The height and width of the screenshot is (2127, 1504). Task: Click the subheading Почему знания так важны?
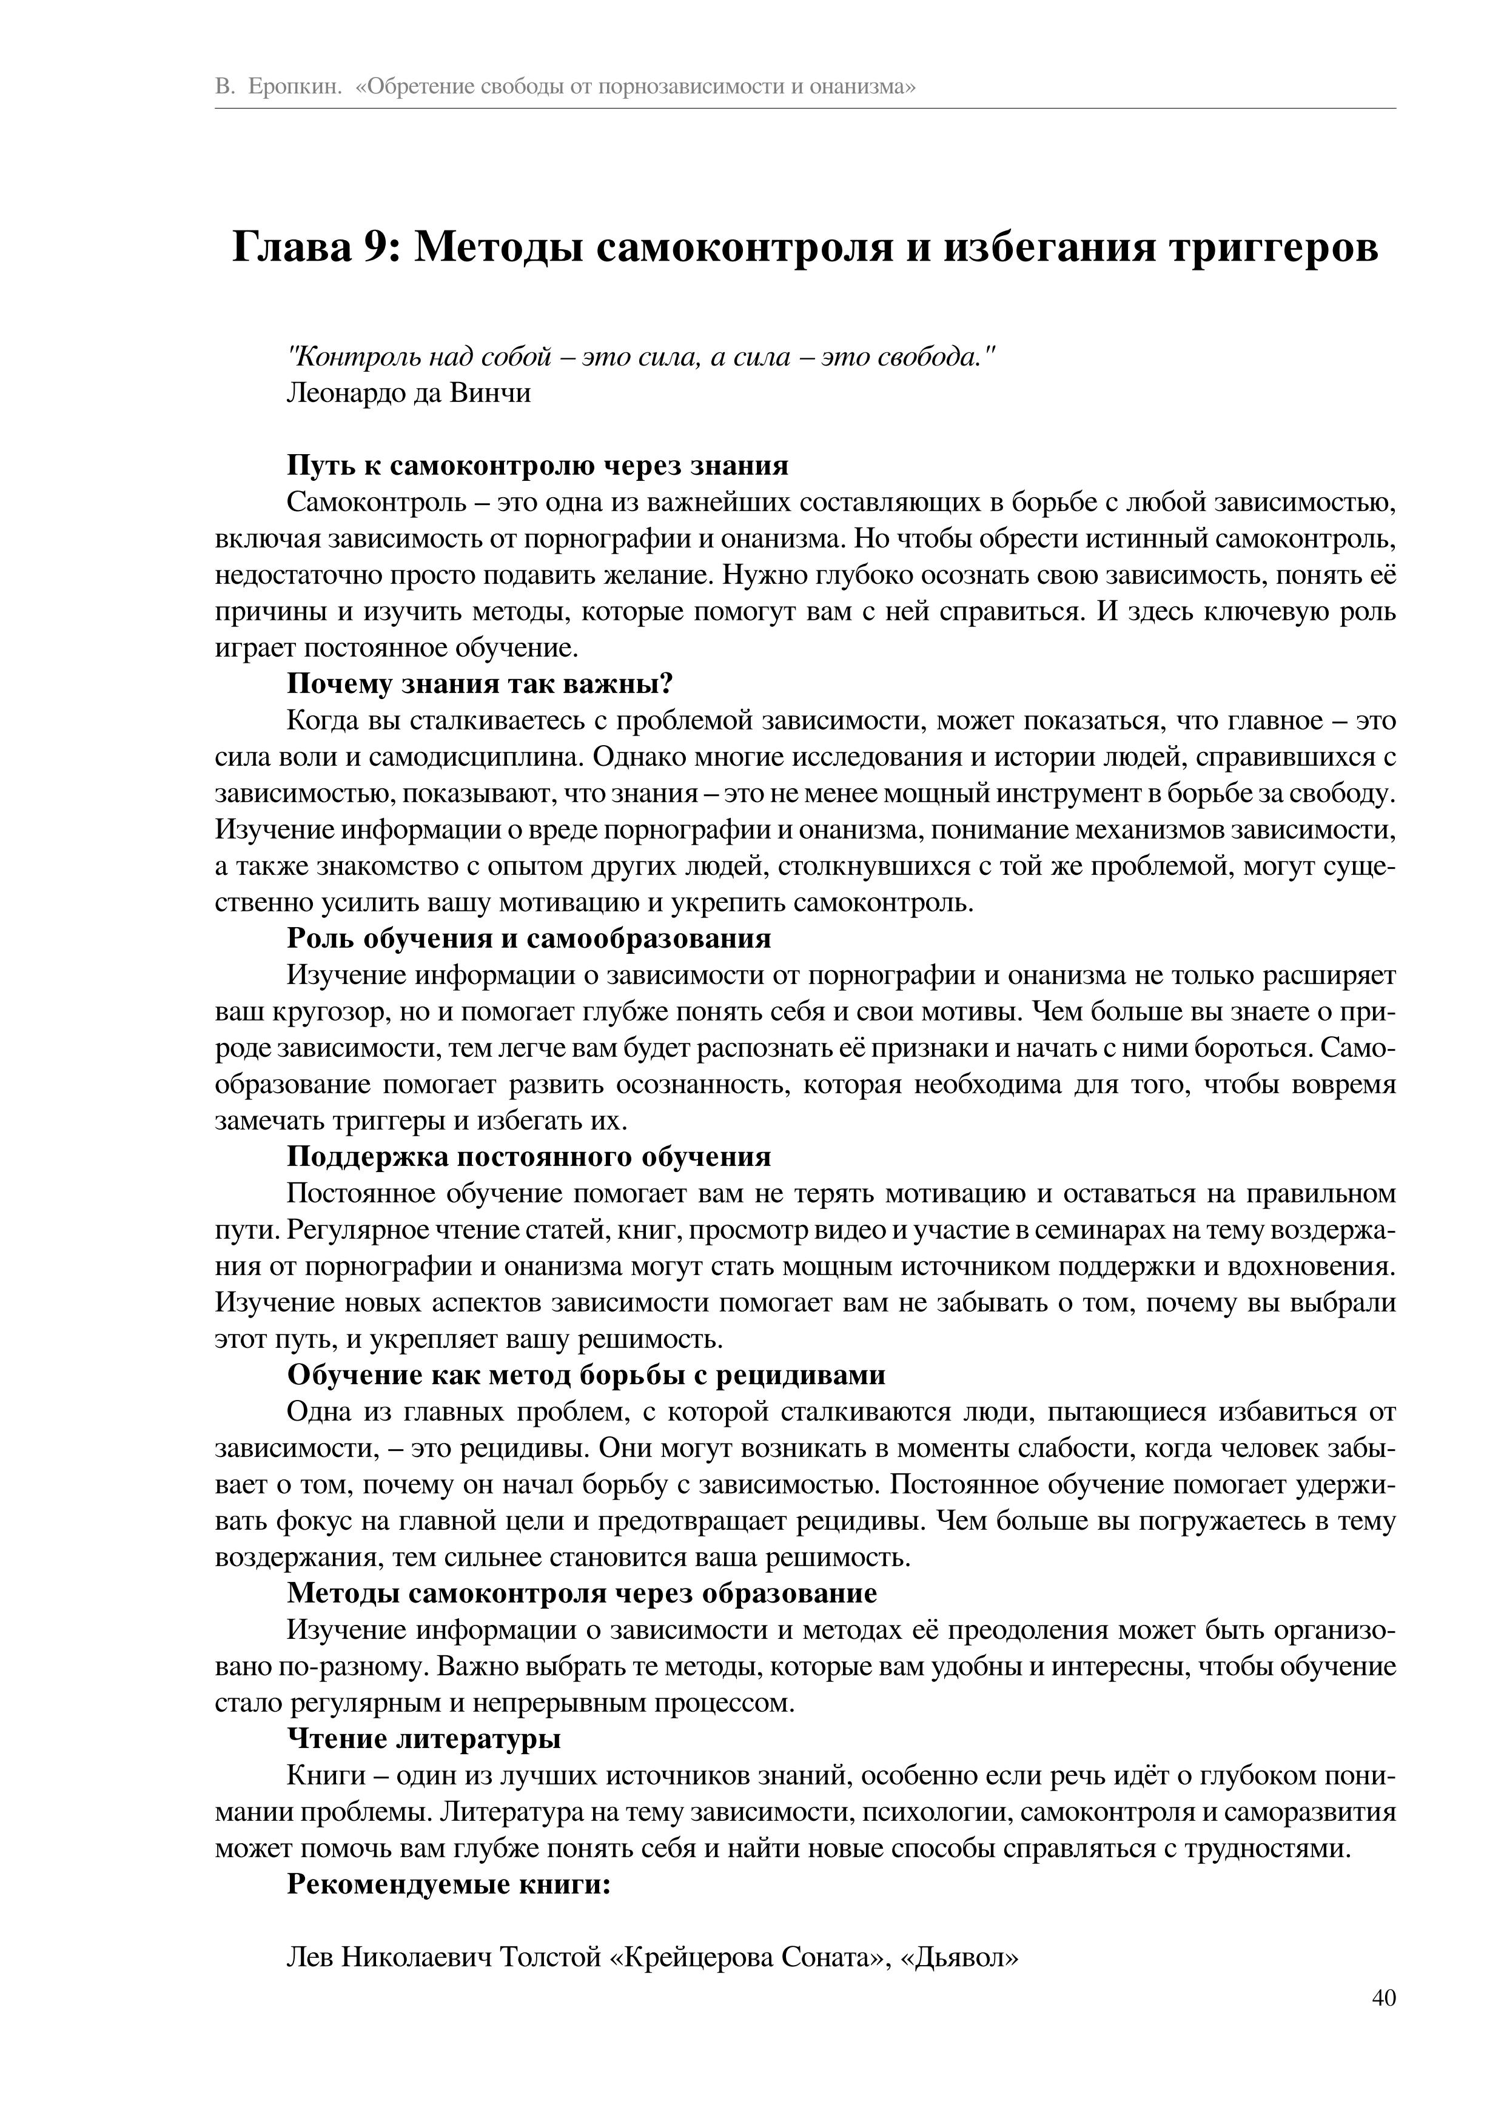pos(479,684)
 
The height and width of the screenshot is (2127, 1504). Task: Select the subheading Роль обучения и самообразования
pos(528,939)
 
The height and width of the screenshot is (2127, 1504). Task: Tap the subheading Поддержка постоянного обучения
pos(528,1157)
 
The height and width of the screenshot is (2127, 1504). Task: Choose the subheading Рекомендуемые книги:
pos(449,1884)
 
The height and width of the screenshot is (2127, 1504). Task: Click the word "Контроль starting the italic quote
pos(339,357)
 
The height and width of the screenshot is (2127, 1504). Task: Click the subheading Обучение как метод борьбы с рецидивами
pos(586,1375)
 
